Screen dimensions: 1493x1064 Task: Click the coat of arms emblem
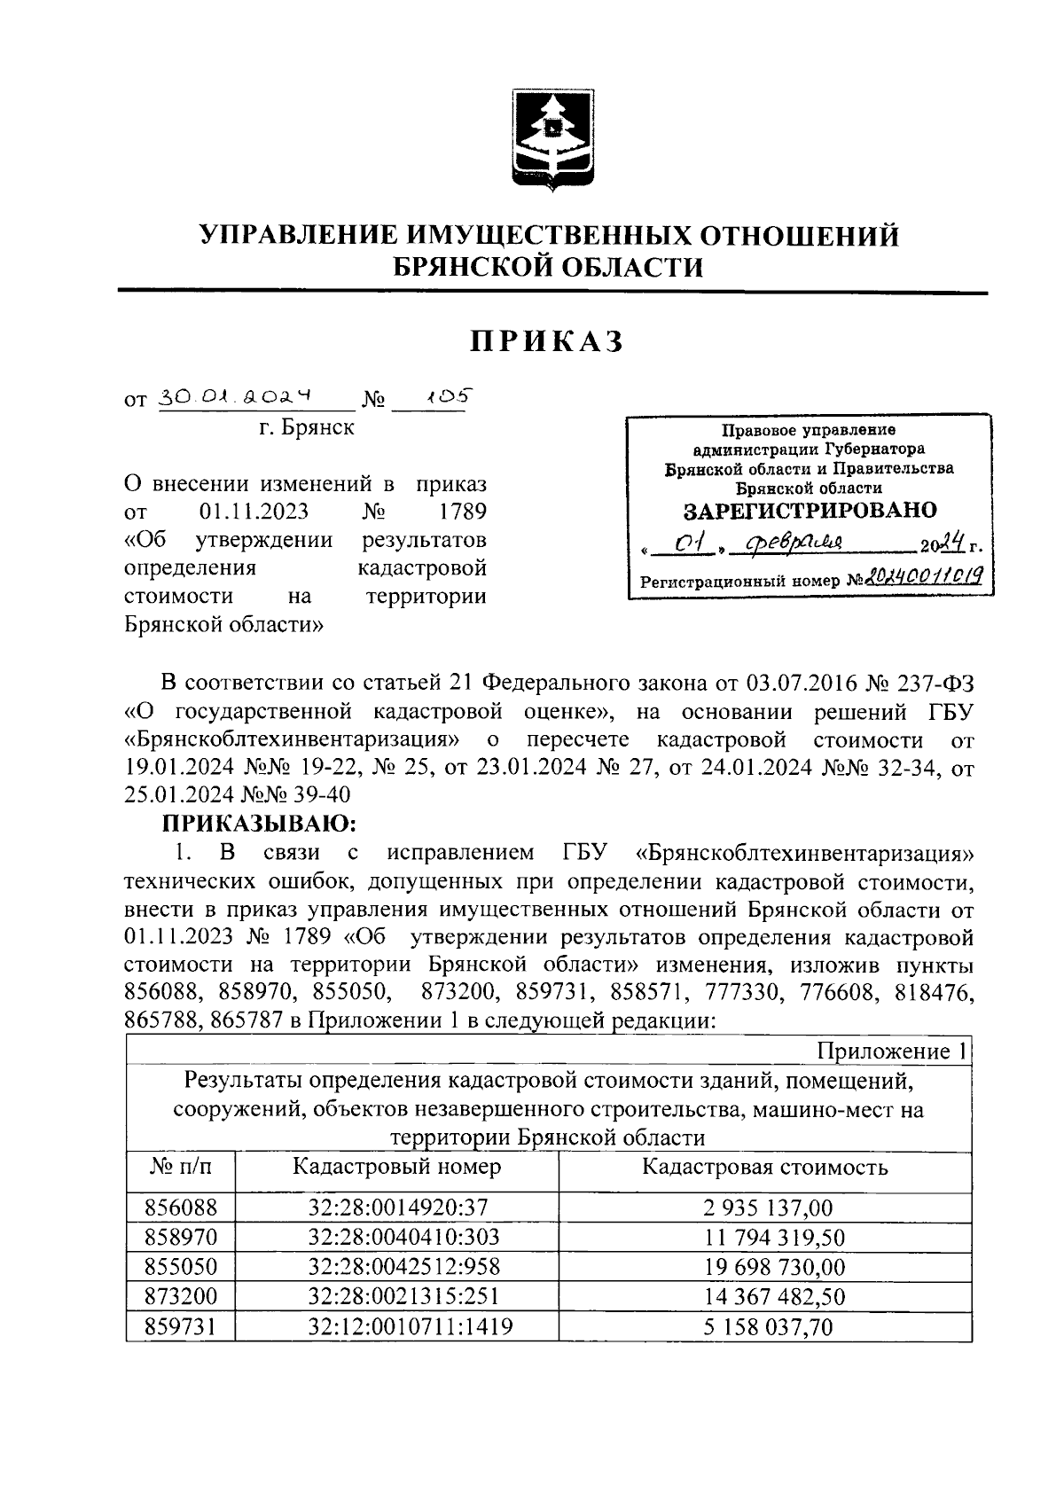pos(546,140)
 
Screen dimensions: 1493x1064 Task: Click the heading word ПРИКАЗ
pos(547,340)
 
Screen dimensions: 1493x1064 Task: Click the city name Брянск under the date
pos(306,428)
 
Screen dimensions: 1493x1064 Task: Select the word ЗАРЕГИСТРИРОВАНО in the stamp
pos(809,511)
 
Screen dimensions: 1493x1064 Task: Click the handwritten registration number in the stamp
pos(920,580)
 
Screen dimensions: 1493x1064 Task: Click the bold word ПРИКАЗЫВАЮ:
pos(258,825)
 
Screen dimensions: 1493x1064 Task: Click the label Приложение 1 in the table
pos(891,1051)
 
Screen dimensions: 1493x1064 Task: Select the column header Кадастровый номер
pos(396,1167)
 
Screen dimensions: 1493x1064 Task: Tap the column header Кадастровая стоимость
pos(764,1167)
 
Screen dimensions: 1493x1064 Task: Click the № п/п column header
pos(181,1167)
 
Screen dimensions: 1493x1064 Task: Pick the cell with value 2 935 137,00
pos(764,1208)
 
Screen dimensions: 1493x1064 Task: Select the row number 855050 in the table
pos(181,1266)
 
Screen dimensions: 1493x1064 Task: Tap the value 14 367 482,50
pos(764,1296)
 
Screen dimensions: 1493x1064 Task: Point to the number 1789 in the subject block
pos(462,512)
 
